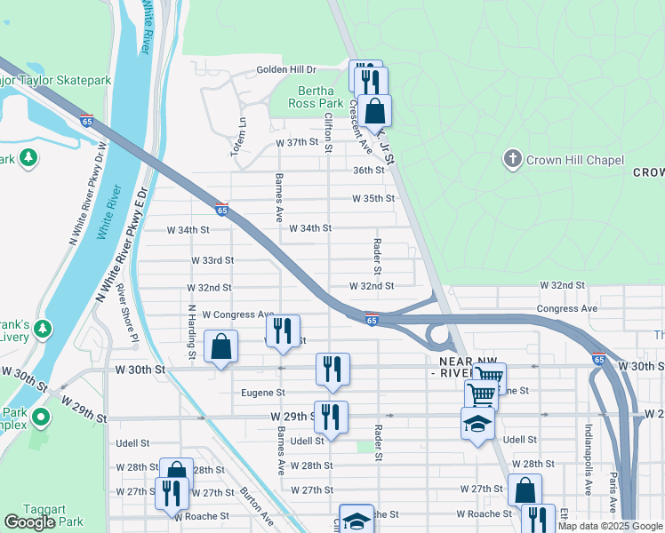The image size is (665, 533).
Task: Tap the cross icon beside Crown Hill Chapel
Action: pos(512,160)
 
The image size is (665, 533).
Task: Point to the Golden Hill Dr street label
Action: pos(286,69)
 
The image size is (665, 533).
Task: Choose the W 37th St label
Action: pos(297,142)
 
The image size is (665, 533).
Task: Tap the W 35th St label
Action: pos(373,199)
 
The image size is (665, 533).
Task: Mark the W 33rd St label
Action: pos(212,260)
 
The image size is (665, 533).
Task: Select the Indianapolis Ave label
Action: pos(588,458)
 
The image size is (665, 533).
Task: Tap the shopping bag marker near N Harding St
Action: pos(220,347)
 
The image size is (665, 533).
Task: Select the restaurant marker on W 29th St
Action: pos(331,418)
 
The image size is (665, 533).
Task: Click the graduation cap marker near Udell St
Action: pos(477,424)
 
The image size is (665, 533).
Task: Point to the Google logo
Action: pos(29,522)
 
